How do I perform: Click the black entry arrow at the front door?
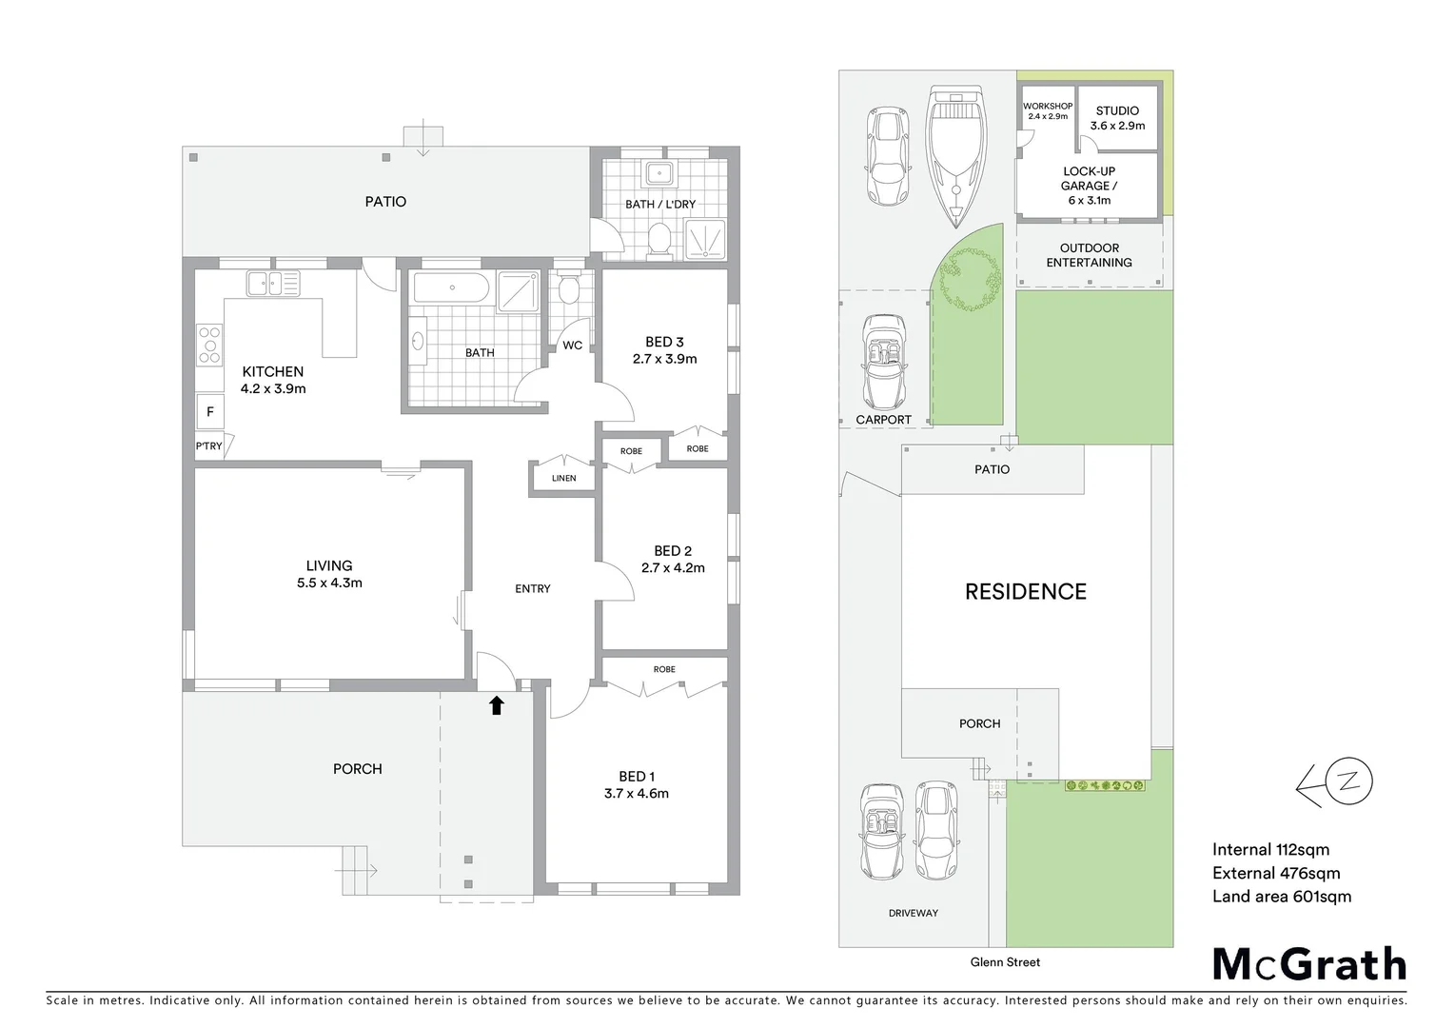pos(496,704)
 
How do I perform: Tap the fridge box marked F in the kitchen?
pos(210,412)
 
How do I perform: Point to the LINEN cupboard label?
pos(564,478)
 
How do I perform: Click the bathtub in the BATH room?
pos(451,288)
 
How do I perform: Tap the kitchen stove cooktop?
pos(208,345)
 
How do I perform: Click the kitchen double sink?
pos(272,283)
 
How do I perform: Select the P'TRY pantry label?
pos(209,446)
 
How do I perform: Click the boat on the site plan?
pos(955,154)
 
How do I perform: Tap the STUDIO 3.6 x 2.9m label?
pos(1117,118)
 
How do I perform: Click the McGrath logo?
pos(1309,964)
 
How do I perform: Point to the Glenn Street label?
pos(1005,962)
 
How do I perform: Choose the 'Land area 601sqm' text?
pos(1281,896)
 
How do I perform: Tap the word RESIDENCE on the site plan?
pos(1026,592)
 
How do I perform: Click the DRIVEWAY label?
pos(913,913)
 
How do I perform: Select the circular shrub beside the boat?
pos(970,279)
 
